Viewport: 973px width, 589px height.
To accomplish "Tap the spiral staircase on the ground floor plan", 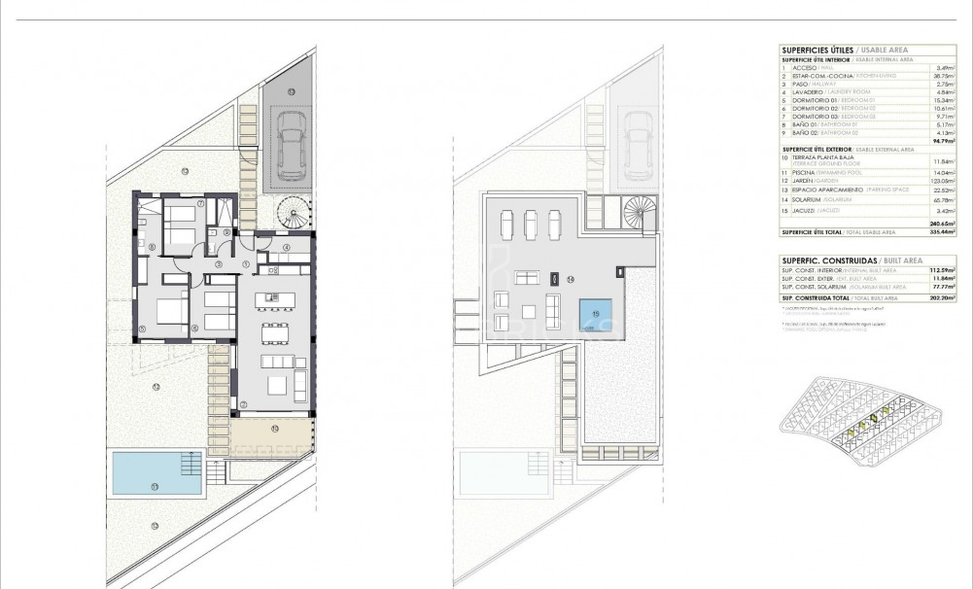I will click(291, 212).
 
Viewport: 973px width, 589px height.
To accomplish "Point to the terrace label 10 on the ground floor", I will click(274, 428).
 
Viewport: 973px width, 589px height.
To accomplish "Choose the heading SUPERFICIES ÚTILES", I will click(815, 50).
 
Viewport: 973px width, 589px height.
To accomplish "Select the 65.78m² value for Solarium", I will click(940, 199).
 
